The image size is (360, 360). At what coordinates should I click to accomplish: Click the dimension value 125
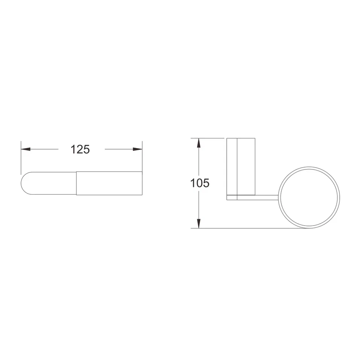(x=80, y=149)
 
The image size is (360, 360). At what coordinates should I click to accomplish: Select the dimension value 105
(x=200, y=183)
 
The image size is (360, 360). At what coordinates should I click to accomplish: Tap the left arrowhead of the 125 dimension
(x=26, y=149)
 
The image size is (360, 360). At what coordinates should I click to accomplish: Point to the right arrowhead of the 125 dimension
(x=137, y=149)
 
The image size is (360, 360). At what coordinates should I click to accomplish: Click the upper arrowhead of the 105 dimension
(x=199, y=143)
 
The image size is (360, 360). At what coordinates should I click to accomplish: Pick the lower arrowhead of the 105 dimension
(x=199, y=224)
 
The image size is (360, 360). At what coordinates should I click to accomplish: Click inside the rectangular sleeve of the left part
(x=109, y=183)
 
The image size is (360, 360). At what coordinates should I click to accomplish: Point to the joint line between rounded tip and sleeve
(x=76, y=183)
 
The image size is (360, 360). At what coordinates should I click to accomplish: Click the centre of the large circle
(x=309, y=197)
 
